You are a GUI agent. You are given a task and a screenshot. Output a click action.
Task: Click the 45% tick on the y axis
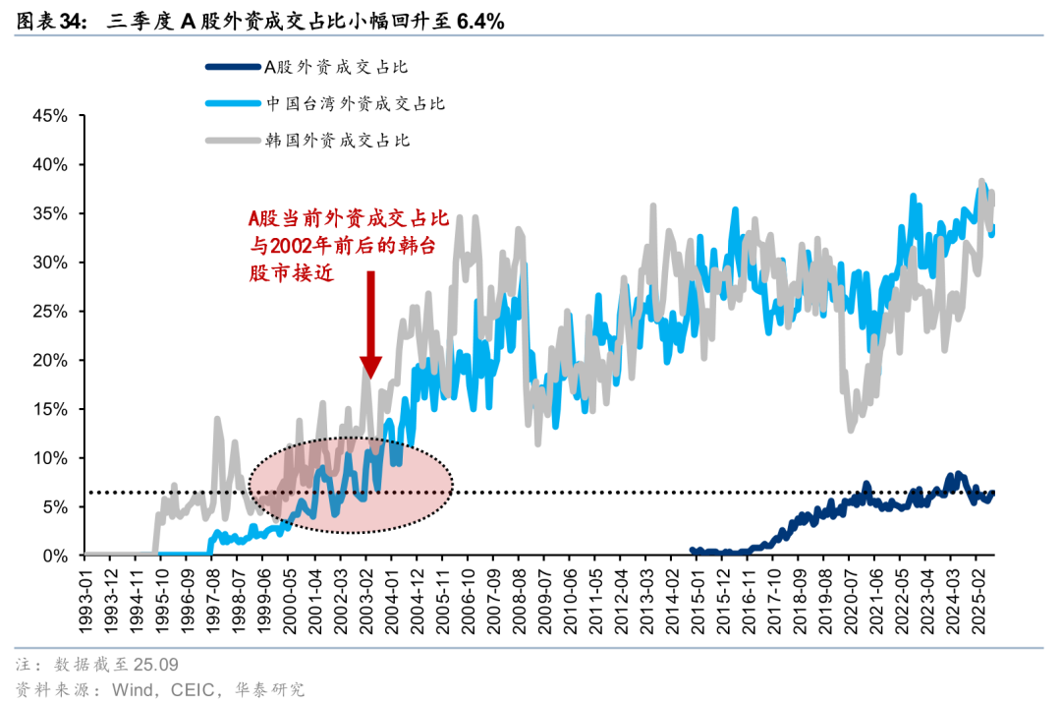click(50, 116)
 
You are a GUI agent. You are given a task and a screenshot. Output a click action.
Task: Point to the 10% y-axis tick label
click(50, 458)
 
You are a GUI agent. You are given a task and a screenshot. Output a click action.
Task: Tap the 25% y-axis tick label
click(50, 312)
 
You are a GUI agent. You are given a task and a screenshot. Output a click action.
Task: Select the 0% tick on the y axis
click(55, 557)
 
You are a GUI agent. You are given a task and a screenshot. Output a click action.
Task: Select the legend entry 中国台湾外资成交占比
click(356, 103)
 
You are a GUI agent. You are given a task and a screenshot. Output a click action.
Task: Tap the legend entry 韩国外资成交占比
click(337, 140)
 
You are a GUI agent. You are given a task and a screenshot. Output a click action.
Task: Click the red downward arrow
click(369, 324)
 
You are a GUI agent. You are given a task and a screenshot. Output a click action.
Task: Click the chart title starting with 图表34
click(260, 21)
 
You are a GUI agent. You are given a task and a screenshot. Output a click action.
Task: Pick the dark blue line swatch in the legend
click(232, 67)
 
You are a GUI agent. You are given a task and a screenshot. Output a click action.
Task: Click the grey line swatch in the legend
click(232, 140)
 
